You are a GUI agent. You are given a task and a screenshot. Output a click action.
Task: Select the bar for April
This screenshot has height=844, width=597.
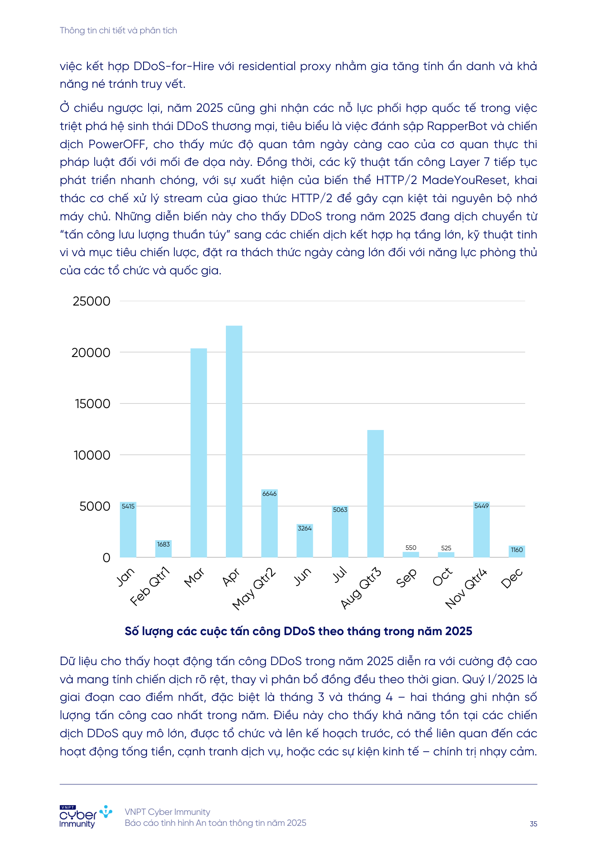coord(234,441)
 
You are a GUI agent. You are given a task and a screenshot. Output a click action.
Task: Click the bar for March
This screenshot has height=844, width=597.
coord(198,452)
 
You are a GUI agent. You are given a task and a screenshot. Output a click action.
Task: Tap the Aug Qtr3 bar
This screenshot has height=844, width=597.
coord(375,493)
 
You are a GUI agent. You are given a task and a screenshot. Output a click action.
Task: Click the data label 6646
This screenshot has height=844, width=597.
coord(269,494)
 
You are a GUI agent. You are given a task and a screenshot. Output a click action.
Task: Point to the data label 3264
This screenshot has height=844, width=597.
coord(304,528)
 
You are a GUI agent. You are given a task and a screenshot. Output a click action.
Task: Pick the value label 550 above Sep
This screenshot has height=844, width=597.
coord(410,548)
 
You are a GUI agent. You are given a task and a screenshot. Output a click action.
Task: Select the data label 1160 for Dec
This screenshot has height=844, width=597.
coord(517,550)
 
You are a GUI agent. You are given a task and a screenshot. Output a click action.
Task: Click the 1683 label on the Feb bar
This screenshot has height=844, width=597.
coord(163,544)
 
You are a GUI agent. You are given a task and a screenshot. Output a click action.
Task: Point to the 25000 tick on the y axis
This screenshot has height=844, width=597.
coord(92,301)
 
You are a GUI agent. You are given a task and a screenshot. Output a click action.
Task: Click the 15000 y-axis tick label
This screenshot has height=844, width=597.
coord(93,404)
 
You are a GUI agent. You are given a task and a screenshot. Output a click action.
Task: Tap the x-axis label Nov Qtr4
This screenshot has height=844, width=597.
coord(467,588)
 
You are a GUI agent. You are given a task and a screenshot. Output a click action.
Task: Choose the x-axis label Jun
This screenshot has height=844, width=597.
coord(302,576)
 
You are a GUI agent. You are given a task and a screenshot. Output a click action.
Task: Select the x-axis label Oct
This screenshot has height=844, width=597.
coord(442,577)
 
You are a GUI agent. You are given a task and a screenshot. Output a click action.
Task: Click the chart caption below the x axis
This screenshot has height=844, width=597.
coord(298,631)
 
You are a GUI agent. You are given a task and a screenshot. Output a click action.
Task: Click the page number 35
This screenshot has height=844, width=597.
coord(533,824)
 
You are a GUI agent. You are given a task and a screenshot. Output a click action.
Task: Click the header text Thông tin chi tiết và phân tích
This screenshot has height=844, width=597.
coord(118,30)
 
